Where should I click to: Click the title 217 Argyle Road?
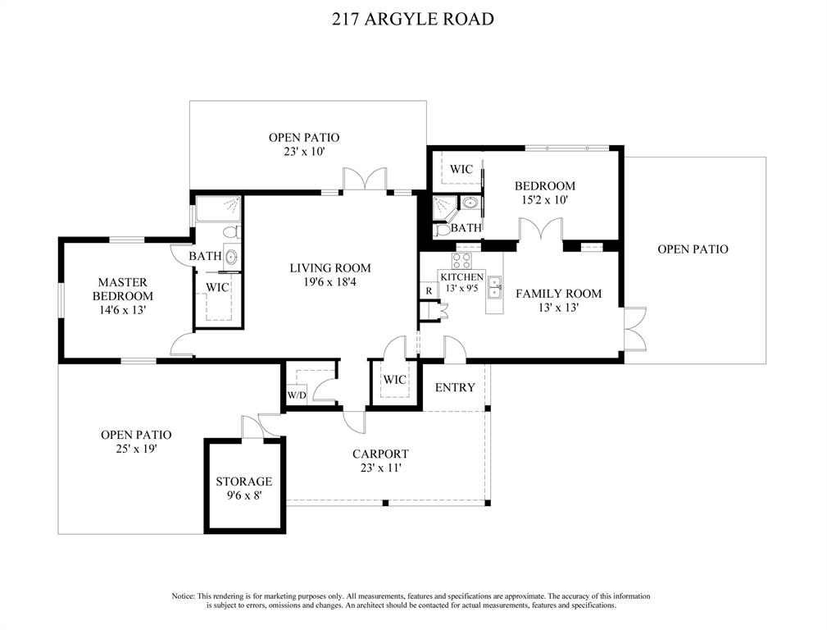(413, 19)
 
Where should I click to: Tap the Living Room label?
(330, 268)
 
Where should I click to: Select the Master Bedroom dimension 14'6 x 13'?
(122, 310)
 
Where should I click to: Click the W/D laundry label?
(297, 395)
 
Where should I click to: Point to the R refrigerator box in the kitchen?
(429, 290)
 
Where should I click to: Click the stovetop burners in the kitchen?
(463, 261)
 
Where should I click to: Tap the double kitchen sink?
(495, 288)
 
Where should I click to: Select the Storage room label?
(244, 482)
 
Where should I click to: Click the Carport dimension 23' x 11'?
(380, 468)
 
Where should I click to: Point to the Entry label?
(455, 388)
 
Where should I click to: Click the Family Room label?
(558, 294)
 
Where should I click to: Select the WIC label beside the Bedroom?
(461, 170)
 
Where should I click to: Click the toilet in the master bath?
(232, 232)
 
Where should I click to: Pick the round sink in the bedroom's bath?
(470, 203)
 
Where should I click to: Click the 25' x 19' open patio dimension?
(136, 450)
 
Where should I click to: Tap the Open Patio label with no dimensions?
(693, 249)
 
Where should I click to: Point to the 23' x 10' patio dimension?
(304, 152)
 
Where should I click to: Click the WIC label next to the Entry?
(394, 380)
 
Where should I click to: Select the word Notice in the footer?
(183, 596)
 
